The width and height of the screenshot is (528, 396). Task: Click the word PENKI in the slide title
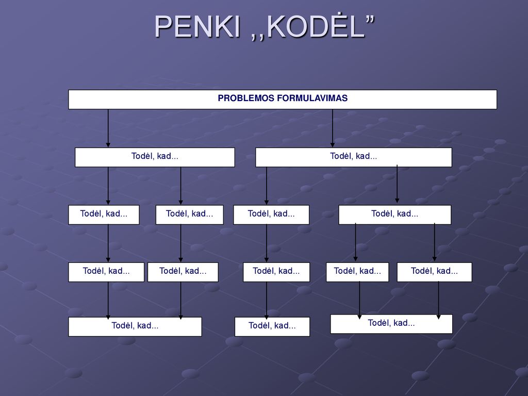tap(197, 27)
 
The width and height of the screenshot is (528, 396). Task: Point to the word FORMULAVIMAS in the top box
tap(312, 98)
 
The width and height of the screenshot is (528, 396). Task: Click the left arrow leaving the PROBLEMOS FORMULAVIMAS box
tap(108, 128)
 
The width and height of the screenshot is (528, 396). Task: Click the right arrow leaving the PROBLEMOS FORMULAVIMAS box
tap(333, 128)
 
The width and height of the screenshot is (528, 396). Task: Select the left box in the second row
tap(155, 157)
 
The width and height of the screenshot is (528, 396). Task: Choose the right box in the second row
tap(354, 157)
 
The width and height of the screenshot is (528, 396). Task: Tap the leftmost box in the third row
tap(104, 215)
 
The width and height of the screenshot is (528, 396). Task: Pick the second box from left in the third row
tap(190, 215)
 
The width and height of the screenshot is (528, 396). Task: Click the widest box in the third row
tap(394, 215)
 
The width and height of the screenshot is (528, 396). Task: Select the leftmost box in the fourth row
tap(106, 272)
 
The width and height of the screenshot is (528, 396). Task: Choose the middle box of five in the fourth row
tap(276, 272)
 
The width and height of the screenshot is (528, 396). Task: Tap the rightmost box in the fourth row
tap(434, 272)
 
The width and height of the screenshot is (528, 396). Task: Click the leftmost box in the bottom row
tap(135, 326)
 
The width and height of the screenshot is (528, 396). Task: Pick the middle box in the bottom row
tap(272, 326)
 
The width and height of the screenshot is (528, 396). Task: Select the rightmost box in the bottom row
tap(391, 324)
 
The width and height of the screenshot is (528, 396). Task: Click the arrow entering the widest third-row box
tap(397, 184)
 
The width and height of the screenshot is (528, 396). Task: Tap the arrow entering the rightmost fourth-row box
tap(434, 242)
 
